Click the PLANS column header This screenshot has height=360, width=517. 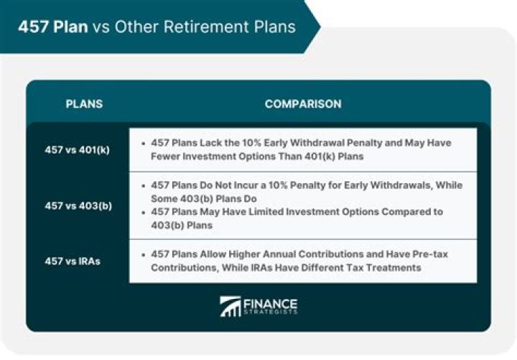pyautogui.click(x=84, y=104)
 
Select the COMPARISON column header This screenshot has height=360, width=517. pyautogui.click(x=303, y=104)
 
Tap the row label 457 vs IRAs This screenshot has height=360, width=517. pyautogui.click(x=72, y=261)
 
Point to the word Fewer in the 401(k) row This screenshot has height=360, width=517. pyautogui.click(x=167, y=156)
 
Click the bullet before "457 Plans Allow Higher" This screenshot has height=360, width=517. pyautogui.click(x=144, y=254)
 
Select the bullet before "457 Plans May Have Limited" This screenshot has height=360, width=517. pyautogui.click(x=144, y=212)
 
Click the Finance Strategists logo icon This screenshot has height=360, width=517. pyautogui.click(x=230, y=306)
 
